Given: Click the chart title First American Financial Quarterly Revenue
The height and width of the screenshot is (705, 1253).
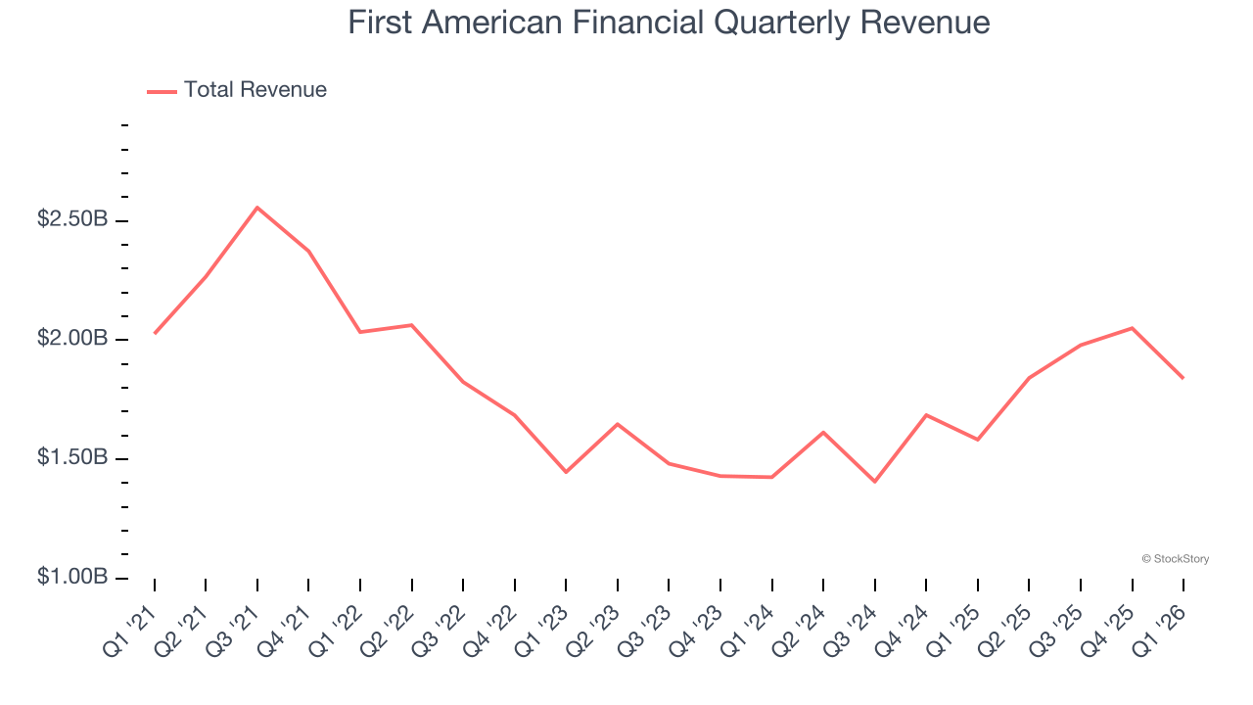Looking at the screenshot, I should click(x=669, y=23).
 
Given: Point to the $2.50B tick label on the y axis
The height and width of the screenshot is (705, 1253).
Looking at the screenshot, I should click(x=72, y=219).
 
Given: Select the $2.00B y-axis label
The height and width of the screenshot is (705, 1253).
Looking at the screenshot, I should click(x=72, y=339).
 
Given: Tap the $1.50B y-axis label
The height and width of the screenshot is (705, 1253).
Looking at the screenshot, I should click(x=72, y=458).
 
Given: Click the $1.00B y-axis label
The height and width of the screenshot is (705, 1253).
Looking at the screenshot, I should click(x=72, y=578).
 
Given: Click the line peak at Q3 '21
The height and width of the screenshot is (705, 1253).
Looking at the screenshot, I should click(x=257, y=208).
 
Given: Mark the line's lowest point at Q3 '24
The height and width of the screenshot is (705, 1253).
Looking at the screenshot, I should click(x=874, y=482).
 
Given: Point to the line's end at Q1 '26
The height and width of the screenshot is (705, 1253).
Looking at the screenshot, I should click(x=1183, y=378).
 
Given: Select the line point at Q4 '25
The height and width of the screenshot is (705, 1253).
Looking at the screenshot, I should click(x=1132, y=328).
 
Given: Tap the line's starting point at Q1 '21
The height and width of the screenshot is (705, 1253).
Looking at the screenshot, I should click(x=155, y=333).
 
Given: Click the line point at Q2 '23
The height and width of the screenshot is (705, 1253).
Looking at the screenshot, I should click(x=618, y=424).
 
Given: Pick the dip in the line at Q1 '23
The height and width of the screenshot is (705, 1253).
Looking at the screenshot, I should click(x=566, y=472).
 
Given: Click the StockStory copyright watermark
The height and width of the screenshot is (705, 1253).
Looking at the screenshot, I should click(x=1175, y=559).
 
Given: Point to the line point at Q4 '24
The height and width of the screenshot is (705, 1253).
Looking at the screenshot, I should click(x=926, y=415).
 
